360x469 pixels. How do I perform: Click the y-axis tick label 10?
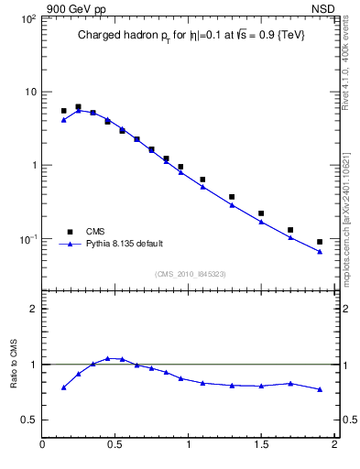click(30, 93)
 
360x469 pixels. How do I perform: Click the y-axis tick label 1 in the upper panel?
click(33, 166)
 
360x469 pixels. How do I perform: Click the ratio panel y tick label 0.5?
click(29, 420)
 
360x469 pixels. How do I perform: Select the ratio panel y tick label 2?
click(33, 309)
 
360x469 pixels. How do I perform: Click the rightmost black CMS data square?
click(320, 242)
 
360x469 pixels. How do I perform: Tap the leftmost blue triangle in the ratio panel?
click(64, 387)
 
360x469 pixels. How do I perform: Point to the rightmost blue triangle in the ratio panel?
click(320, 389)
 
